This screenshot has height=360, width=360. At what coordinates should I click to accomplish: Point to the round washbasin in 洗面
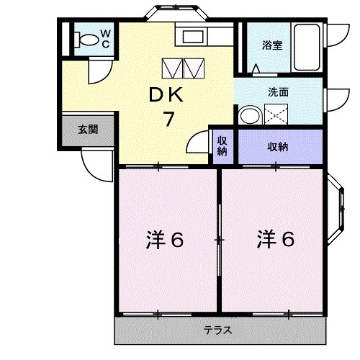[x=250, y=115]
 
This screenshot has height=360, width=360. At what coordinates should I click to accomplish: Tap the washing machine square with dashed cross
[x=275, y=114]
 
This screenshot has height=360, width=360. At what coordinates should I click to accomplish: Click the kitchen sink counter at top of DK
[x=194, y=37]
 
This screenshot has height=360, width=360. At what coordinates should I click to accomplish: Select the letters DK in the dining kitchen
[x=166, y=94]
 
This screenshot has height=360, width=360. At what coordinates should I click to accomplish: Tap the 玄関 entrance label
[x=88, y=130]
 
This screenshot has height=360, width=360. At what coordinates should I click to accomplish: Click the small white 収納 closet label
[x=222, y=146]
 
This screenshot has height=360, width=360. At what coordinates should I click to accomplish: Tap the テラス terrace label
[x=218, y=331]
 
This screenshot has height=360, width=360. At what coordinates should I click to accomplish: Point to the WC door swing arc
[x=99, y=72]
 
